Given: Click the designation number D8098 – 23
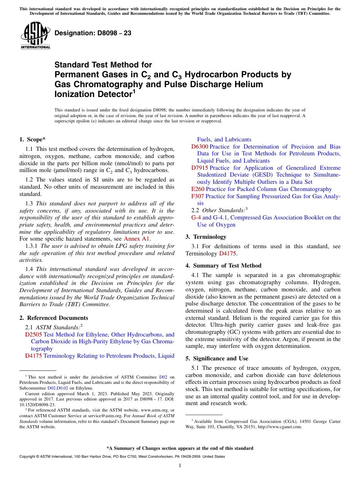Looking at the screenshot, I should tap(93, 33).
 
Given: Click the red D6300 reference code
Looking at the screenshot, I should tap(199, 147).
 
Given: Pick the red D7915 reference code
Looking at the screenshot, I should tap(199, 168).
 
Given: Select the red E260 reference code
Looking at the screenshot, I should tap(197, 189).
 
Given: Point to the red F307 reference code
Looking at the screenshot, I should tap(197, 196).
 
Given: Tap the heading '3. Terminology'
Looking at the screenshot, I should tap(206, 237).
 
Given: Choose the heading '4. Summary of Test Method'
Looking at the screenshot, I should tap(223, 266).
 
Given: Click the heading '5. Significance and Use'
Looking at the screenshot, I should tap(221, 358).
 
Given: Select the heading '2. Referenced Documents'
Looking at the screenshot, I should tap(53, 318).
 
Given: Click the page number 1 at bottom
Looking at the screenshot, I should tap(180, 465).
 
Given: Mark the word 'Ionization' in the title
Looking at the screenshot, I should tap(74, 94).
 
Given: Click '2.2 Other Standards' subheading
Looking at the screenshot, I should tap(219, 210).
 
